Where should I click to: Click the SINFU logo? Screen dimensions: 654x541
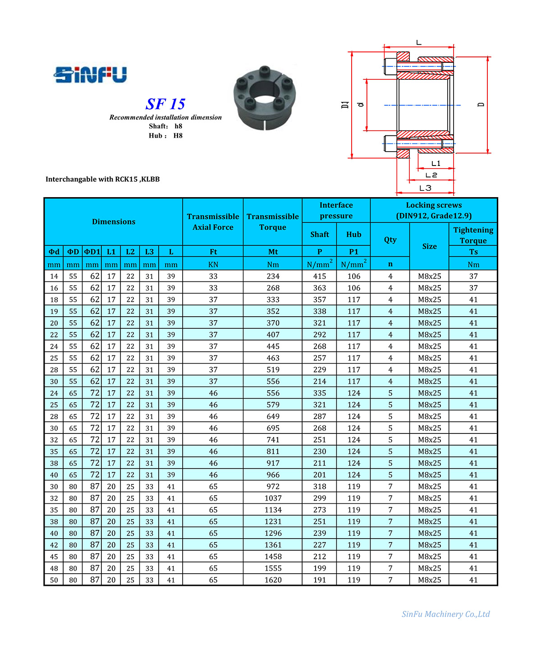(90, 75)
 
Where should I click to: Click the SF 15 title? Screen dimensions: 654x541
(165, 104)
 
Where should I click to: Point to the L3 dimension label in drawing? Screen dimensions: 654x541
(425, 188)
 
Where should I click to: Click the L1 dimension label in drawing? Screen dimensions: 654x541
(436, 163)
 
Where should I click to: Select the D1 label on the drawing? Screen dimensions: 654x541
(345, 105)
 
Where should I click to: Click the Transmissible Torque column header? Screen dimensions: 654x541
(273, 222)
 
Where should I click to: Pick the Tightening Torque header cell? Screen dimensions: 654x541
(473, 235)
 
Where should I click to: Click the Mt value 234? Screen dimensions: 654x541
(273, 276)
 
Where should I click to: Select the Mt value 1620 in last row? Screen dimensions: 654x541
(273, 580)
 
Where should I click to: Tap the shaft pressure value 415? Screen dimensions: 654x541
(319, 276)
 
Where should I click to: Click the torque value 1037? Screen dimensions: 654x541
(273, 498)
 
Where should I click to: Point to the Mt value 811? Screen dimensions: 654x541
(273, 451)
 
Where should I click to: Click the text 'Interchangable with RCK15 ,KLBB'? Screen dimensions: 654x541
(103, 179)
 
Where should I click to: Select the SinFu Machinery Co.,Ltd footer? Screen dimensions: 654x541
(445, 614)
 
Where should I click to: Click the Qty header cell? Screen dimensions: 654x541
(390, 239)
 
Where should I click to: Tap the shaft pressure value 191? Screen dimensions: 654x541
(319, 580)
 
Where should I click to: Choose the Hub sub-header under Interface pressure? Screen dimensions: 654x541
(353, 235)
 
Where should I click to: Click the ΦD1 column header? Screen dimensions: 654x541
(92, 252)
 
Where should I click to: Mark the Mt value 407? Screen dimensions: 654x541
(273, 335)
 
